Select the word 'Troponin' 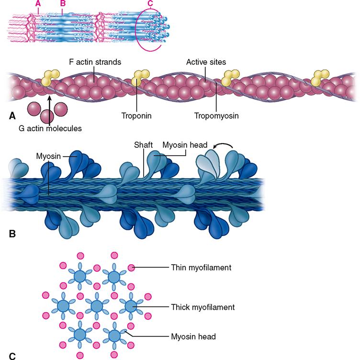[136, 115]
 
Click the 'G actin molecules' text [50, 128]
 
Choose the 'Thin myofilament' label [201, 268]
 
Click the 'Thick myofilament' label [202, 306]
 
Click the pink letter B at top [62, 4]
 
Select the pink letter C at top [150, 4]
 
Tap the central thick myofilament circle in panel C [97, 305]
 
